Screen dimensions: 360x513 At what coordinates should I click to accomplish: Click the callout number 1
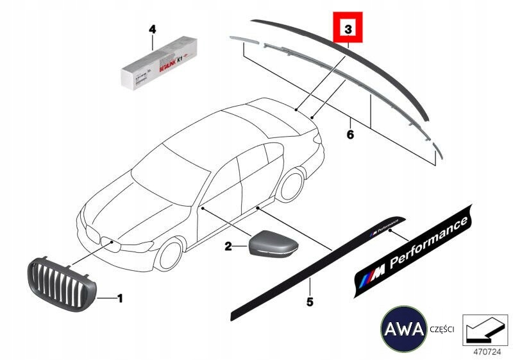click(x=119, y=298)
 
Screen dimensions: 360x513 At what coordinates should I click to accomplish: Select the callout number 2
click(x=228, y=245)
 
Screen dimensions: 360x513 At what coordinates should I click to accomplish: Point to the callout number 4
click(x=152, y=30)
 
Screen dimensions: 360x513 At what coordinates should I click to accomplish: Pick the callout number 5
click(x=310, y=300)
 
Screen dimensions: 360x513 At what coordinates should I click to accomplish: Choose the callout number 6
click(x=349, y=135)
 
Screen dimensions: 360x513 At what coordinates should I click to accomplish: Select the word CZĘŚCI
click(x=442, y=330)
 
